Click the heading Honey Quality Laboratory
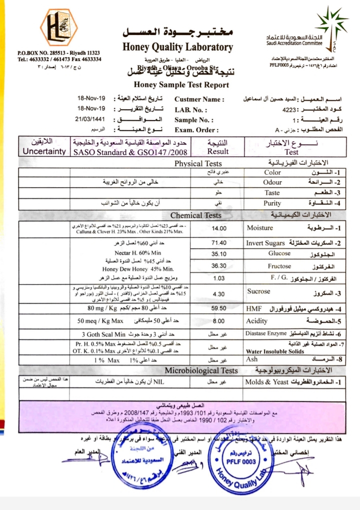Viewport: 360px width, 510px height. tap(177, 48)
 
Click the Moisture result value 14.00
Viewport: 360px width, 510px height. tap(219, 228)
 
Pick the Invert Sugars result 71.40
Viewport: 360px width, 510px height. tap(219, 243)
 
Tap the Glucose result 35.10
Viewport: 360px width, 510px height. tap(219, 254)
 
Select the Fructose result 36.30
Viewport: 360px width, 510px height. tap(219, 266)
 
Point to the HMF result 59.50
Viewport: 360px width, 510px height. tap(219, 309)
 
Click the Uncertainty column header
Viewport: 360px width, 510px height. tap(44, 151)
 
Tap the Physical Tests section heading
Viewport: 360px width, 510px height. tap(198, 164)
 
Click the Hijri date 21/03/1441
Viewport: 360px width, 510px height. tap(92, 120)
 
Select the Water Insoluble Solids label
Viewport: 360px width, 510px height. tap(275, 351)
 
